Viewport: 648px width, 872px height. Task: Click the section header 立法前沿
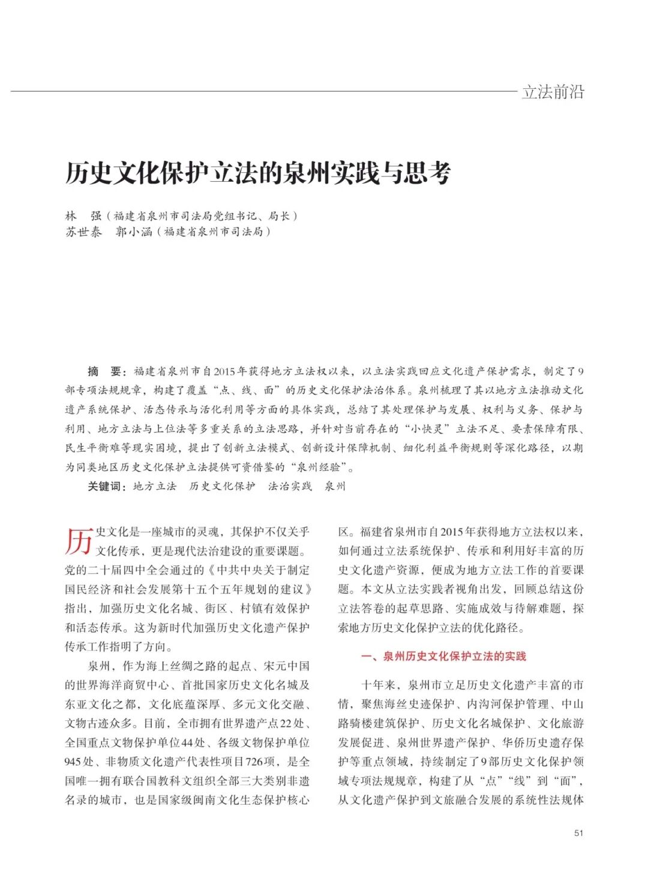553,92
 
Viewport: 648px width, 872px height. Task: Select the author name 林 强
83,216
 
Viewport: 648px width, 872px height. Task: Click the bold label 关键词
106,486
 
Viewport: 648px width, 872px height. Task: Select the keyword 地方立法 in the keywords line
155,486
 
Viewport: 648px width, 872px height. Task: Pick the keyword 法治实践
290,486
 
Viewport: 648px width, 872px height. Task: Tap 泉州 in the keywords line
335,486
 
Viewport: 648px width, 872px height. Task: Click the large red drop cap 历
79,541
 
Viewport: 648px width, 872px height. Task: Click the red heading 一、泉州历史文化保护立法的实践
443,657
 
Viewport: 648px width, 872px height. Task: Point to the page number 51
578,833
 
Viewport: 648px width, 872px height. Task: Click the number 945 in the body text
73,762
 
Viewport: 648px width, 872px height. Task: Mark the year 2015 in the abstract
224,371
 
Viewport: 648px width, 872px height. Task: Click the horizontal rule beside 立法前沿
264,91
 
